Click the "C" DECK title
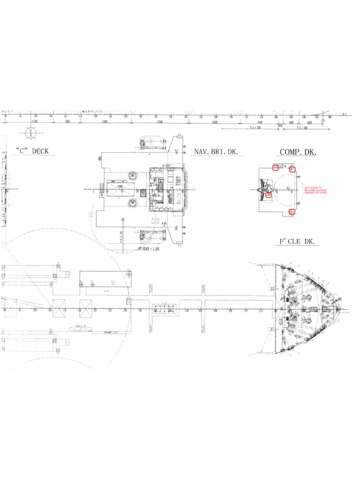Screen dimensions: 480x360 point(32,151)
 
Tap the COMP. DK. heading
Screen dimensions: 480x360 point(298,152)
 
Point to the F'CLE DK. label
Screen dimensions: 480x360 point(298,241)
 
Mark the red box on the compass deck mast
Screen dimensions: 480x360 point(269,194)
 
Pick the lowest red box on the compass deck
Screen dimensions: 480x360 point(292,212)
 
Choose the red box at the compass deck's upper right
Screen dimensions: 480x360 point(292,169)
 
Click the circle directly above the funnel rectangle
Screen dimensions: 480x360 point(133,176)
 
